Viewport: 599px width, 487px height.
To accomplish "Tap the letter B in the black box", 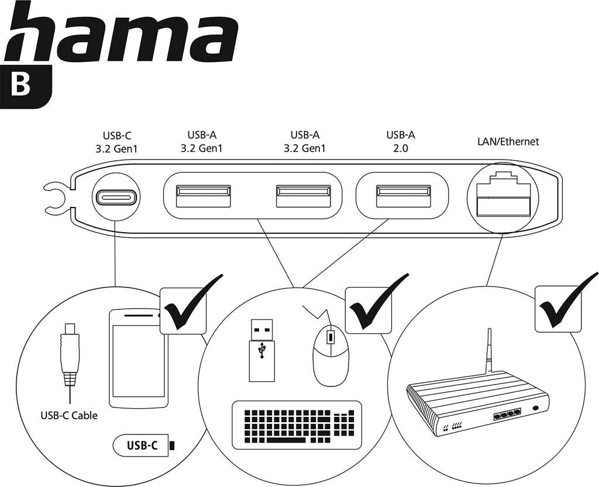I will [22, 85].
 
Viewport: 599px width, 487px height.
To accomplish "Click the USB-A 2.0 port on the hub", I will [403, 196].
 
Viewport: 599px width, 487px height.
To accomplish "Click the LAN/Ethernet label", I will [508, 141].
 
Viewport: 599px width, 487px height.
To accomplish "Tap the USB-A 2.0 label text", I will [401, 141].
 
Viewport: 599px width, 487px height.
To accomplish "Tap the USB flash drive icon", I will [261, 349].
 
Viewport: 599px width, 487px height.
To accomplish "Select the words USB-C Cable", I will [69, 416].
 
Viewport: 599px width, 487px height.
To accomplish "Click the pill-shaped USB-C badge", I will [143, 446].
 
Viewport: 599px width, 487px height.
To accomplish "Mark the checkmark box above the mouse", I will [369, 308].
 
